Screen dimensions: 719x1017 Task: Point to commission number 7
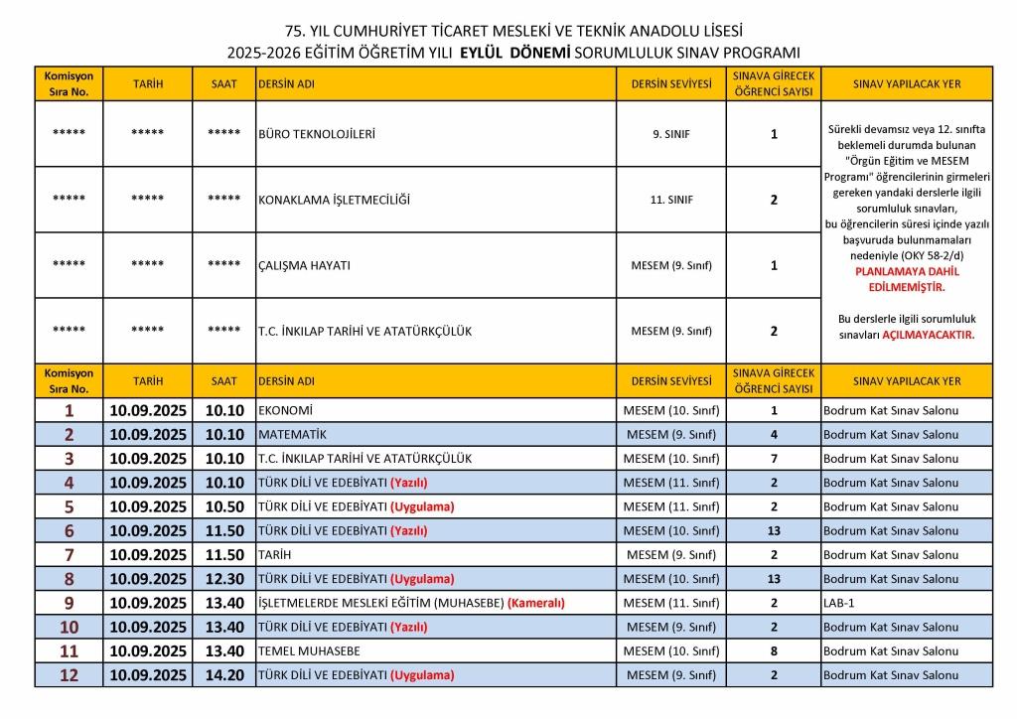69,554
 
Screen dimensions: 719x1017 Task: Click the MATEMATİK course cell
292,434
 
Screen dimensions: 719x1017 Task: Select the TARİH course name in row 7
274,554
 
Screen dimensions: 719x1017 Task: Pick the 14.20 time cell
224,675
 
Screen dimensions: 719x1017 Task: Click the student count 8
774,650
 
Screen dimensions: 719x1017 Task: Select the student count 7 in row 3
774,459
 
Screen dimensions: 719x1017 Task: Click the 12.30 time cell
224,579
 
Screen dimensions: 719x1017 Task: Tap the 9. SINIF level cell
671,134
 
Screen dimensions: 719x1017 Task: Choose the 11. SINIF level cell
671,200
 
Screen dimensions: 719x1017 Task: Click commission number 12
69,675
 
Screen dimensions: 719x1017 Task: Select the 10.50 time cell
224,506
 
